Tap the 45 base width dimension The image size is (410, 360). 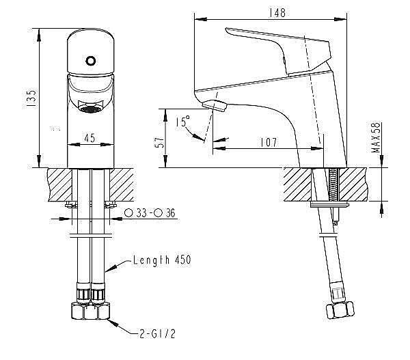click(x=90, y=137)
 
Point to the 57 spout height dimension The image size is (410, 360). click(x=160, y=141)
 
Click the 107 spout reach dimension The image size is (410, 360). click(x=269, y=143)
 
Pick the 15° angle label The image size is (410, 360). click(x=182, y=122)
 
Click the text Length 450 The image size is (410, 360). click(x=163, y=260)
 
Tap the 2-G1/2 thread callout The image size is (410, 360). click(x=156, y=333)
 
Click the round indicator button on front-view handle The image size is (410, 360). click(x=90, y=60)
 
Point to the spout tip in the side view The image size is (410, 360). click(x=215, y=105)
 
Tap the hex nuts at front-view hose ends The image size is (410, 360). click(x=90, y=311)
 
